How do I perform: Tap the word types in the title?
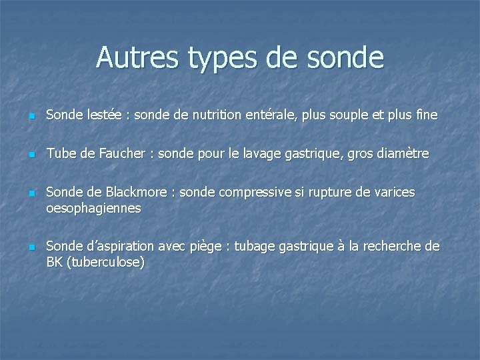[216, 58]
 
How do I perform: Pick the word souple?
[361, 115]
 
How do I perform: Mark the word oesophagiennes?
[93, 209]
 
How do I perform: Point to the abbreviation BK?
[53, 262]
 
